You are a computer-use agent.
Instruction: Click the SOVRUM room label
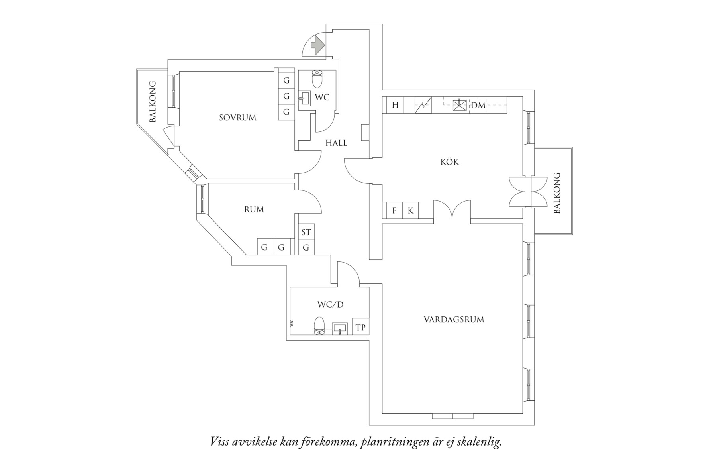point(237,118)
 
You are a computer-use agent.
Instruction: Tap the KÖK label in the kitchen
point(450,162)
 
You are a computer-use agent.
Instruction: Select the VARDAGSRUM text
point(454,319)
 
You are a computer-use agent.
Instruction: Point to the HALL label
point(336,143)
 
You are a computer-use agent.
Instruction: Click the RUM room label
point(254,209)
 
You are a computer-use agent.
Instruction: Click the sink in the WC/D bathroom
point(339,329)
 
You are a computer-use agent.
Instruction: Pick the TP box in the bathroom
point(360,328)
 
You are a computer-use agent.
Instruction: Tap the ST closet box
point(306,232)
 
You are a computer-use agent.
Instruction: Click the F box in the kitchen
point(394,210)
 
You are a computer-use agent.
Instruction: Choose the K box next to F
point(410,210)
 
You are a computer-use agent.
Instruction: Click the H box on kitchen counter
point(395,105)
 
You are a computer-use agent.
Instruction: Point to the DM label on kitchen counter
point(478,105)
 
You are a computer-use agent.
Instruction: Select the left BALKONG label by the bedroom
point(153,102)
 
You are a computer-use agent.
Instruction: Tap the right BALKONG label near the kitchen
point(557,193)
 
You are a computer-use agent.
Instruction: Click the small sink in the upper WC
point(304,97)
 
